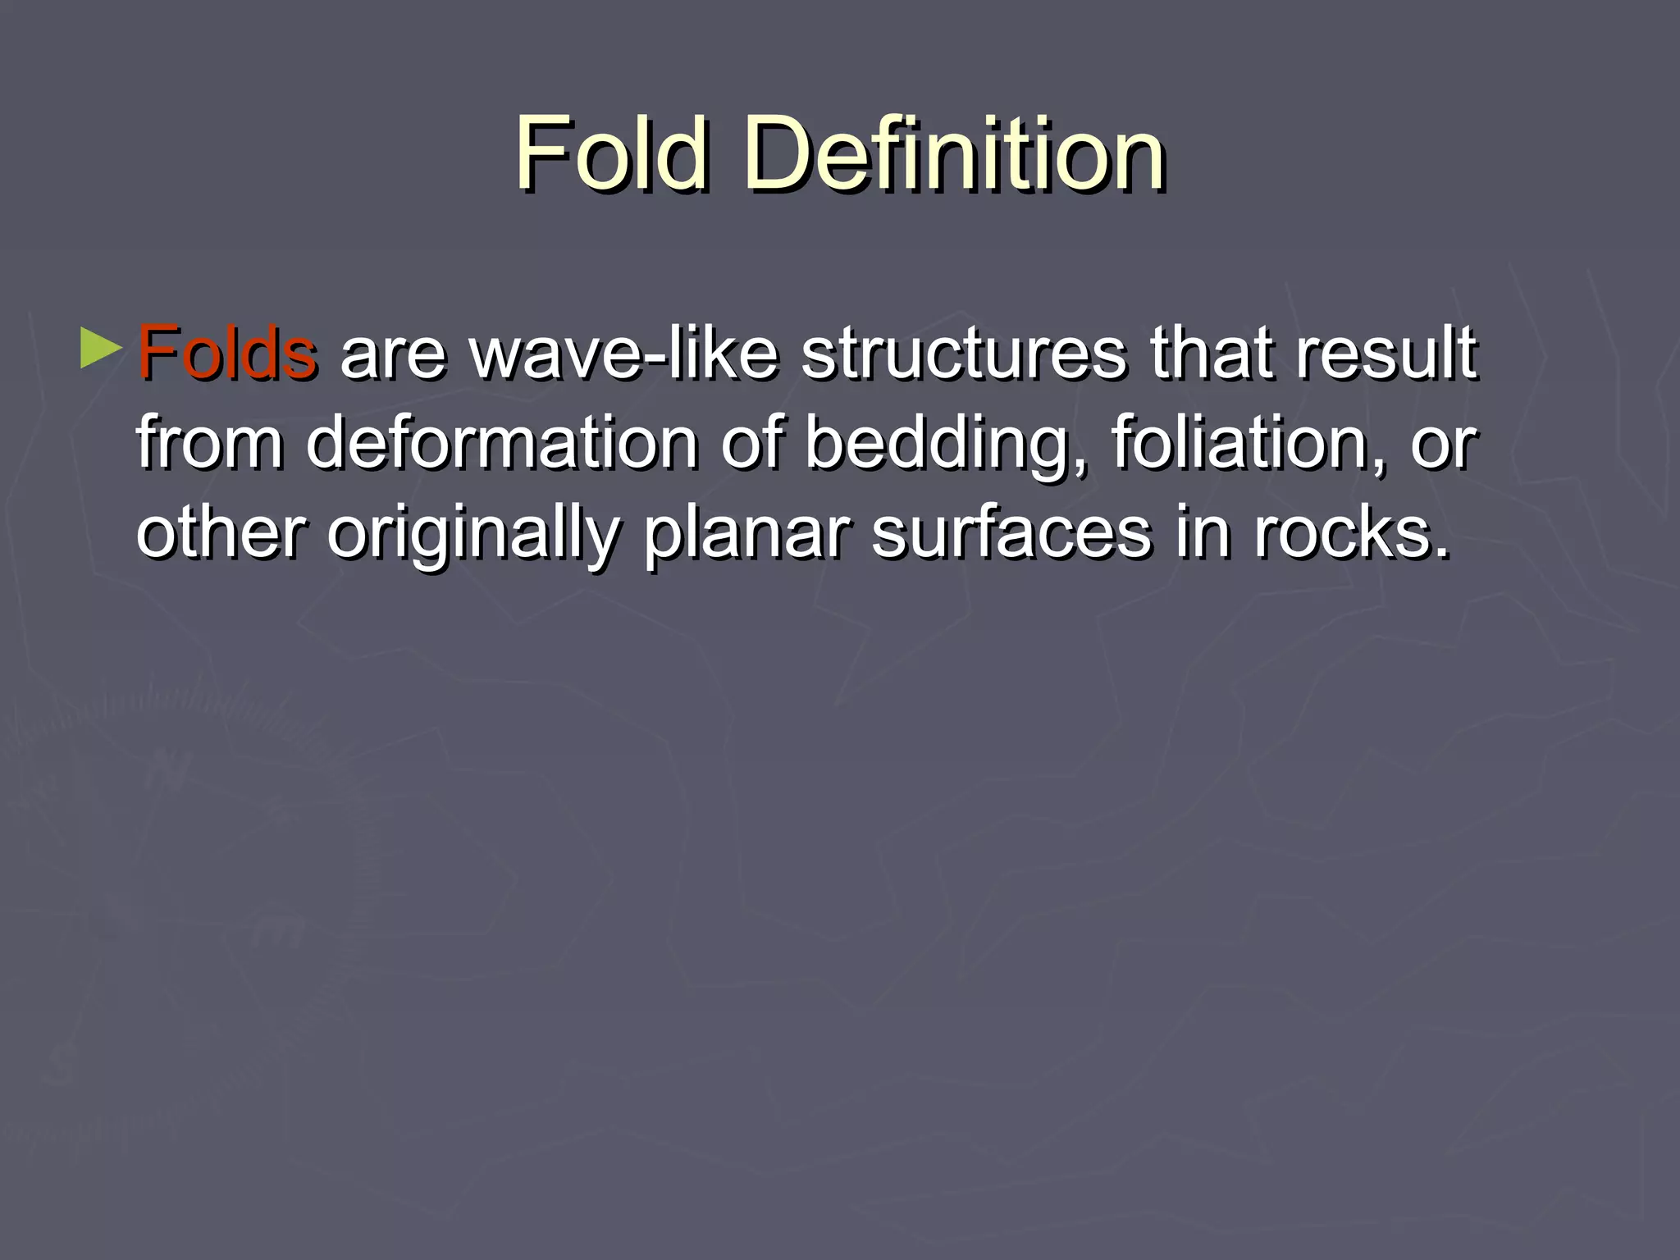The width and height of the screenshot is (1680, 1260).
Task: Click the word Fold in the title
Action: [611, 153]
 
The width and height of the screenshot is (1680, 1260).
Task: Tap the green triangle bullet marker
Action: [101, 349]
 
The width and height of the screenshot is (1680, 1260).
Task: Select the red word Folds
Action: [226, 354]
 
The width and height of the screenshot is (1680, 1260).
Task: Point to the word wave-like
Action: [624, 354]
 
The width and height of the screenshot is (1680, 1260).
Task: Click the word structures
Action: [963, 354]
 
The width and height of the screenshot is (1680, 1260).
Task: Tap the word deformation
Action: [501, 443]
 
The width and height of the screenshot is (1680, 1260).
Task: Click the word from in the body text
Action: [209, 443]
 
